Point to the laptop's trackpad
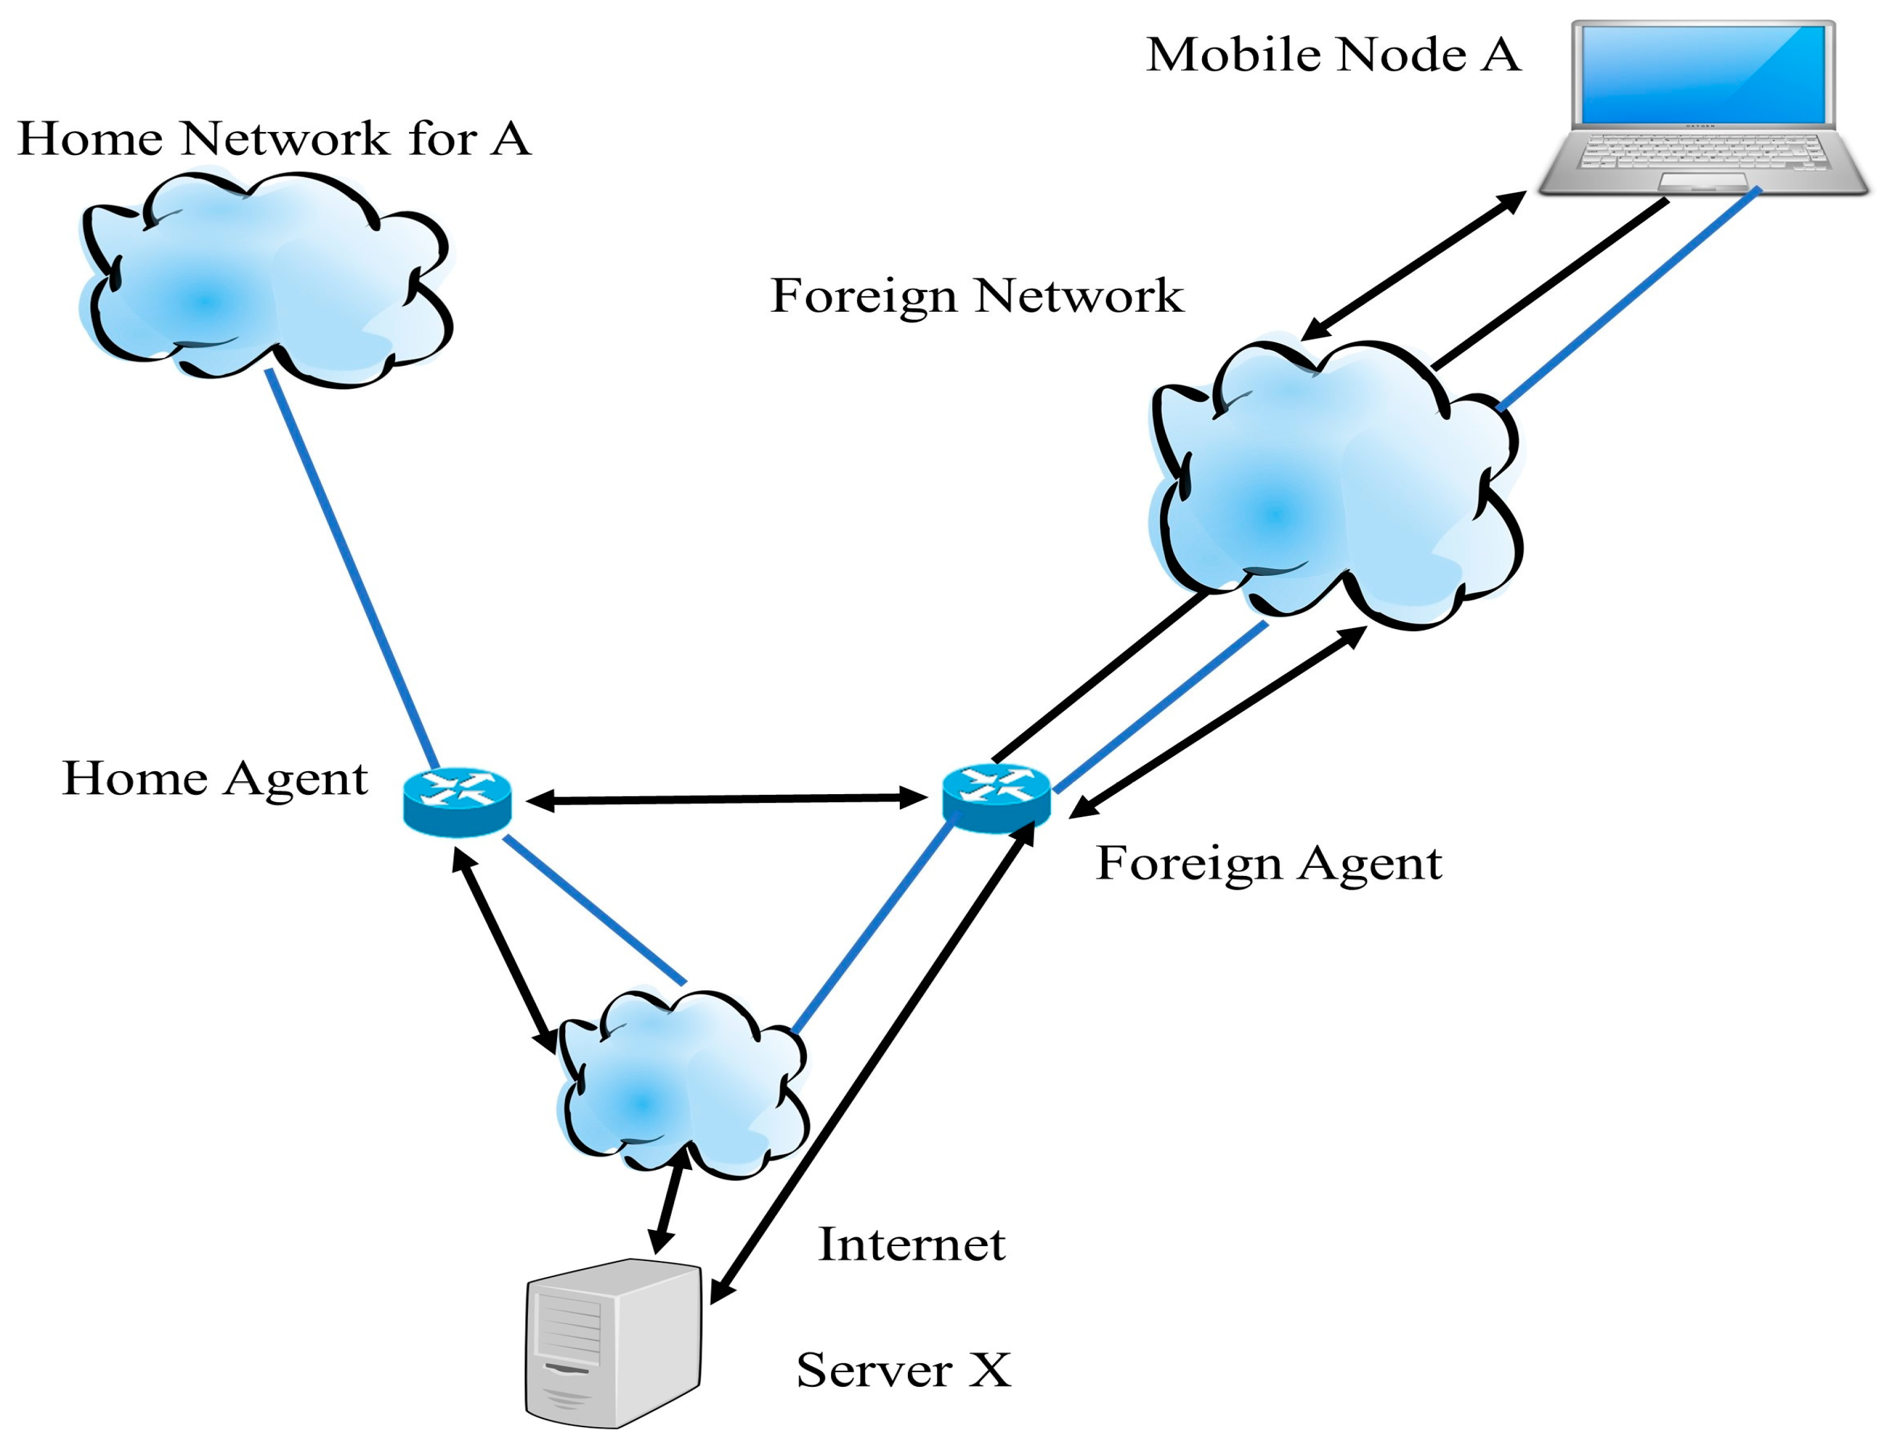tap(1702, 180)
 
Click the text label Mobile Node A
tap(1332, 55)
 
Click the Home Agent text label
tap(214, 779)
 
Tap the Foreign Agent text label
tap(1268, 862)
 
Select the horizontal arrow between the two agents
tap(726, 799)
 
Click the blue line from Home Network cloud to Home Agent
tap(352, 567)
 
